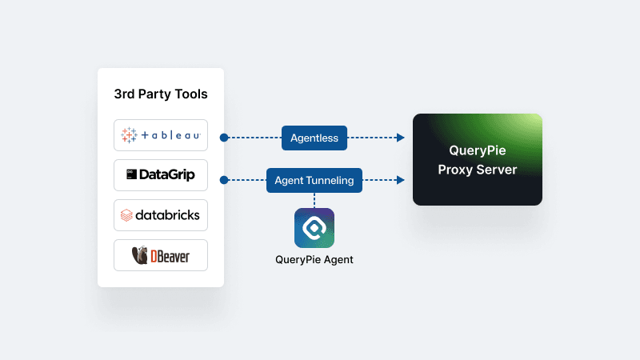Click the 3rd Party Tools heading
[161, 94]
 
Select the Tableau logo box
[161, 135]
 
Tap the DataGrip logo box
[161, 174]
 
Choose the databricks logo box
[161, 214]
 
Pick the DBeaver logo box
[161, 255]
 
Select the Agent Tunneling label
[314, 180]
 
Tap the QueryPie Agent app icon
[314, 228]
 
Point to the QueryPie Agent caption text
[314, 259]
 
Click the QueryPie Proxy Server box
[478, 160]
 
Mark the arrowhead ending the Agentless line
[401, 138]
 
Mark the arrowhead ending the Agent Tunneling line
[401, 180]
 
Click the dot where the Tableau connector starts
[224, 138]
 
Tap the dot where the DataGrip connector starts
[224, 180]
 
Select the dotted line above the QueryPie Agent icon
[314, 200]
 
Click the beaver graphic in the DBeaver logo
[139, 255]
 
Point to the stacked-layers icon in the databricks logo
[126, 215]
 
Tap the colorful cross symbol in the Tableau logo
[129, 135]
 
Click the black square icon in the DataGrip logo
[131, 174]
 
